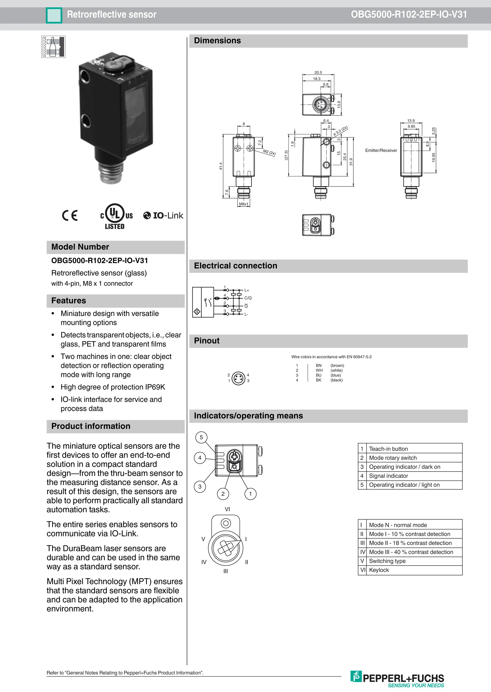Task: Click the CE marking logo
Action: tap(70, 216)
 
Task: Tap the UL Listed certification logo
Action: tap(116, 216)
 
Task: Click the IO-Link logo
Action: tap(163, 216)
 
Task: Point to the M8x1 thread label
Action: tap(244, 204)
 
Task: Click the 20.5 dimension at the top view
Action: tap(318, 73)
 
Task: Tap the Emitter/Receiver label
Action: tap(381, 150)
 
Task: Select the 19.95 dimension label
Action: tap(434, 157)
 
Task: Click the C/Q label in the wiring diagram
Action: tap(248, 298)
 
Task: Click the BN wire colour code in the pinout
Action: tap(319, 365)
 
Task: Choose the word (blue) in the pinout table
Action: tap(336, 375)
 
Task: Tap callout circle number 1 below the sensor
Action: tap(250, 494)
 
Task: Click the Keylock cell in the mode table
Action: tap(379, 570)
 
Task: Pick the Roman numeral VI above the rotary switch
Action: tap(227, 509)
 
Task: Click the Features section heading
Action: tap(69, 300)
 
